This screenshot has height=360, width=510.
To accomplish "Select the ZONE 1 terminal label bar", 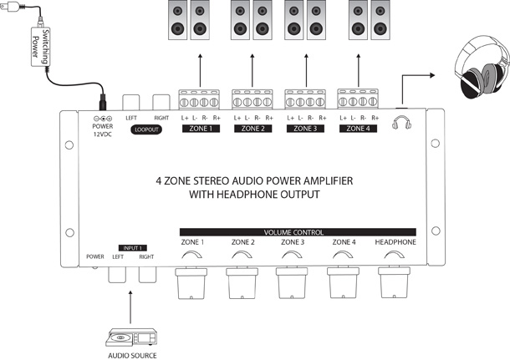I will (x=198, y=129).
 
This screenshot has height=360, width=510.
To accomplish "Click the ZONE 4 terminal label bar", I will (x=358, y=129).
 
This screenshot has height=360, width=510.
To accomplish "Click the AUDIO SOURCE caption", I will (x=132, y=355).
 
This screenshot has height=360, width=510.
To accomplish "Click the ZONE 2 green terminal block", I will (x=252, y=99).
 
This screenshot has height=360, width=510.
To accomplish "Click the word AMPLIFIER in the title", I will (x=316, y=180).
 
